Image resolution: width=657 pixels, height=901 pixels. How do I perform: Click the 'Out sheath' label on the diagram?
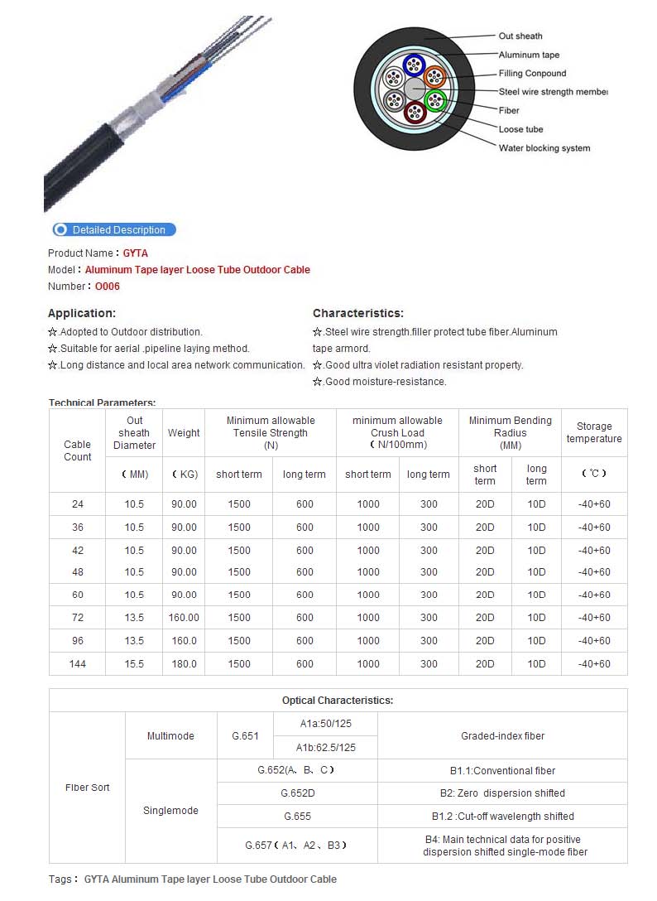[520, 36]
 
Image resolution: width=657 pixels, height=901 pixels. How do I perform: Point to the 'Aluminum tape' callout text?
[529, 55]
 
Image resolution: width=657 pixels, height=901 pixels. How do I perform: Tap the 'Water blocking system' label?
[544, 148]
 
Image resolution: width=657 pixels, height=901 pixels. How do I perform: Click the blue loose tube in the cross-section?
[413, 65]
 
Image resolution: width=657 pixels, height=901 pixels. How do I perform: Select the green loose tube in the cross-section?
[435, 101]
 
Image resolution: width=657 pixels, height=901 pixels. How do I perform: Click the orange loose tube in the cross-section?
[435, 78]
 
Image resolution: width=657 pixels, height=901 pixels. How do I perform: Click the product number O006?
[108, 287]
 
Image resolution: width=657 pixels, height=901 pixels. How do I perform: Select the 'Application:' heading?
[82, 313]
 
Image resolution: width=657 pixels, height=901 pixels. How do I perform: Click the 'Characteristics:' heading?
[358, 313]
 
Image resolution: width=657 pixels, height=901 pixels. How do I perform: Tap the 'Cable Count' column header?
[78, 450]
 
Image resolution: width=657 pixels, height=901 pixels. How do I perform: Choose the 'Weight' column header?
[184, 432]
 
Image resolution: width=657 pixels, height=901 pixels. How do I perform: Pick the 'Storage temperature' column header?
[594, 432]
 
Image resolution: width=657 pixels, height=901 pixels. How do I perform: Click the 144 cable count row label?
[78, 663]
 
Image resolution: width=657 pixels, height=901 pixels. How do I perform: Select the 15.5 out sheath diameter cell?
[134, 663]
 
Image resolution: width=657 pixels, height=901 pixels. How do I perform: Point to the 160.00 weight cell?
[184, 617]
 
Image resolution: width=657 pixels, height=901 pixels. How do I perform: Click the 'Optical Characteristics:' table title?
[338, 700]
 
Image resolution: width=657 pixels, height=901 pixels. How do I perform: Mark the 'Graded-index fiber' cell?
[502, 735]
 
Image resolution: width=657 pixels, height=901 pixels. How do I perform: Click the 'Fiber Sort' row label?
[88, 787]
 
